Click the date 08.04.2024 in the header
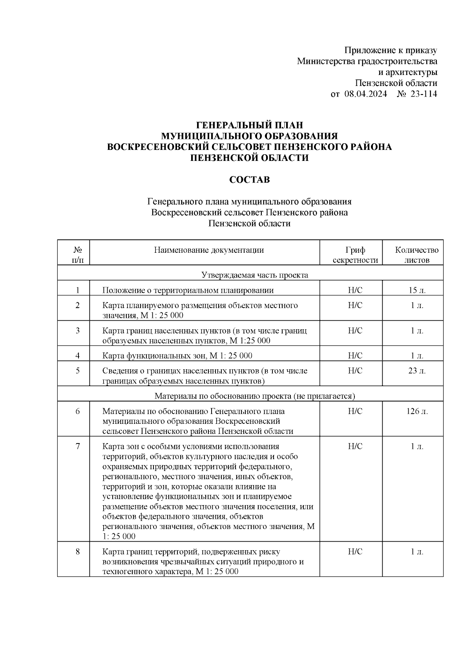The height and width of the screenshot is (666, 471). pyautogui.click(x=365, y=94)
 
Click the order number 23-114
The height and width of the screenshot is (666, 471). pyautogui.click(x=423, y=94)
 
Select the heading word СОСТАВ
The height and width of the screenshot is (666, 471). pyautogui.click(x=250, y=180)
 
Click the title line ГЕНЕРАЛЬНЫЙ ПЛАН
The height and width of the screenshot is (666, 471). pyautogui.click(x=250, y=125)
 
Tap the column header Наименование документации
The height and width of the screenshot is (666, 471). pyautogui.click(x=208, y=250)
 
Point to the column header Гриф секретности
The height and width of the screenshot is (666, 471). pyautogui.click(x=355, y=255)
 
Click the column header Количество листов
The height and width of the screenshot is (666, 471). pyautogui.click(x=416, y=255)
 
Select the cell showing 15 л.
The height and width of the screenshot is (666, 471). pyautogui.click(x=416, y=290)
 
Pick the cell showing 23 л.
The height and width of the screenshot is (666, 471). pyautogui.click(x=416, y=371)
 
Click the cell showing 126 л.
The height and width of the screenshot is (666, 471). pyautogui.click(x=417, y=412)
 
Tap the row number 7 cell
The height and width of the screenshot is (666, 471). pyautogui.click(x=77, y=446)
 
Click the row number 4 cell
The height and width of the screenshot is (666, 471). pyautogui.click(x=77, y=356)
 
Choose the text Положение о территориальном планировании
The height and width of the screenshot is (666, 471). pyautogui.click(x=188, y=290)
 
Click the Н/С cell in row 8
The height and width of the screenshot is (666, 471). pyautogui.click(x=355, y=552)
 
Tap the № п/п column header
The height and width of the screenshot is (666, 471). pyautogui.click(x=77, y=255)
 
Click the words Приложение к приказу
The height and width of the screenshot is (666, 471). pyautogui.click(x=391, y=50)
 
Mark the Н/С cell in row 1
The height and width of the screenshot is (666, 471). pyautogui.click(x=355, y=290)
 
